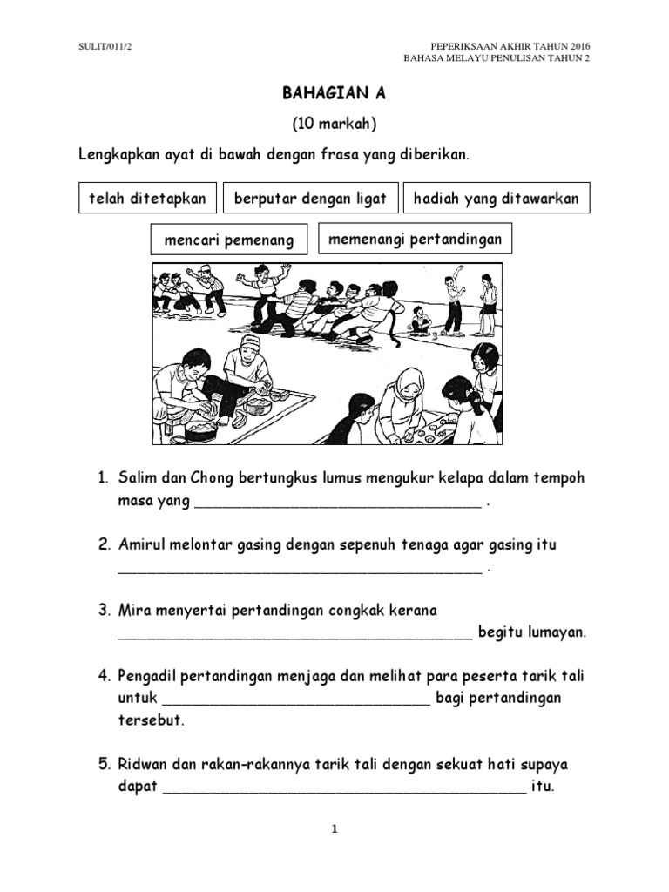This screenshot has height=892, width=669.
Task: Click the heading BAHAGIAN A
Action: tap(334, 95)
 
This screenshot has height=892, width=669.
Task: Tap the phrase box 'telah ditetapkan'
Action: tap(147, 199)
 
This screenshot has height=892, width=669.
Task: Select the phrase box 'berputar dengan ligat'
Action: tap(311, 199)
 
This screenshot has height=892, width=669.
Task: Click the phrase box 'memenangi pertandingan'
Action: tap(415, 239)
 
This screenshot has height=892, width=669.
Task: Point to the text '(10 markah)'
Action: tap(334, 125)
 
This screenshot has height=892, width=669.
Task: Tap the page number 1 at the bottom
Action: tap(334, 829)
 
